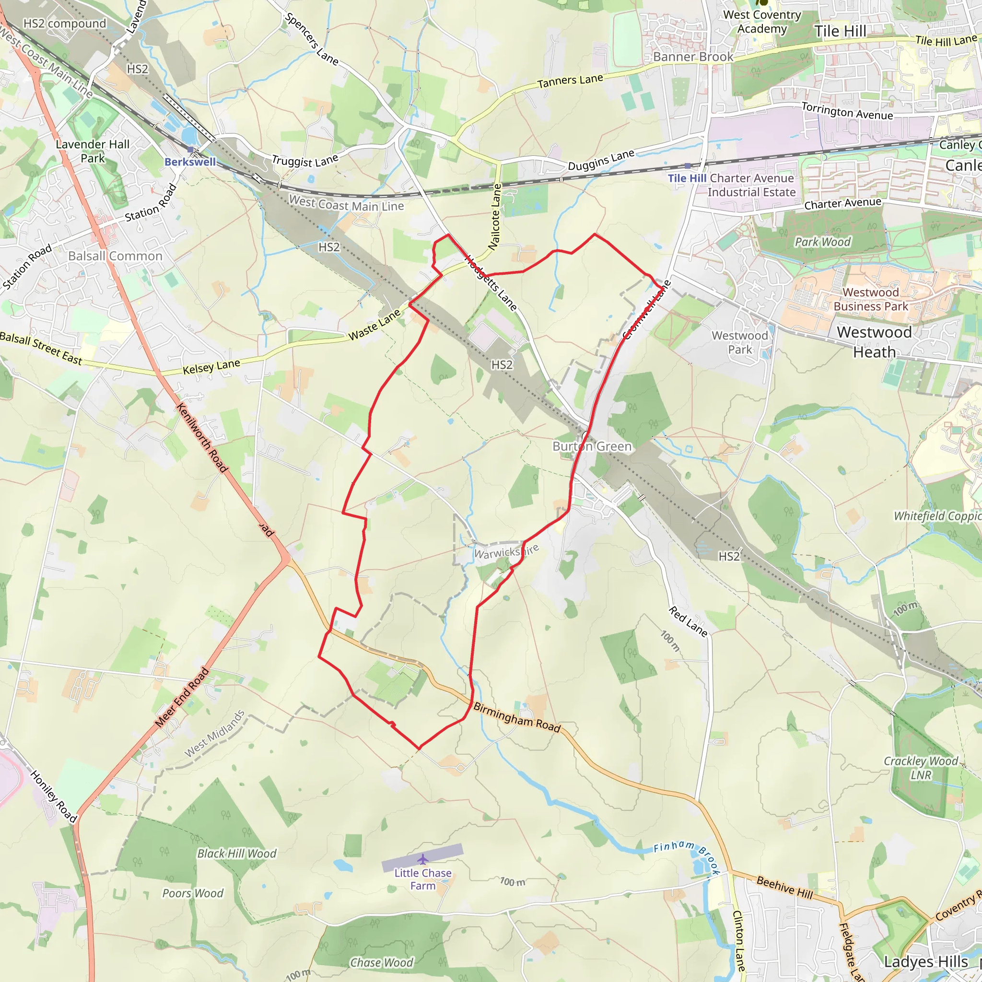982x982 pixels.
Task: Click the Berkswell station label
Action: pos(190,162)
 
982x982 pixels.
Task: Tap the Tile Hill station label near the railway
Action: pos(687,178)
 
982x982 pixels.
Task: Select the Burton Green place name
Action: pos(592,446)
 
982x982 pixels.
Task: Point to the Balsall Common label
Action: pos(116,256)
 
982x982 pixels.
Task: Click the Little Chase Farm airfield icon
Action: pos(422,859)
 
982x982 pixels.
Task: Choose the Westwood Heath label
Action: pos(874,342)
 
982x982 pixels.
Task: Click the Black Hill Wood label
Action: pos(237,853)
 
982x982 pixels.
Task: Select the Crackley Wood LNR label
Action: pos(921,768)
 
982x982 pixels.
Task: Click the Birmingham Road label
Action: pos(517,718)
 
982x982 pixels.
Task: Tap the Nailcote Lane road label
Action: pos(495,217)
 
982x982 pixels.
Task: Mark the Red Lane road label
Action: pos(688,621)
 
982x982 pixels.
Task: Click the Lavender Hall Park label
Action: pos(93,151)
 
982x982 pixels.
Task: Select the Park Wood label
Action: pos(822,242)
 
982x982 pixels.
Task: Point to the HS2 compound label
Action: pos(65,24)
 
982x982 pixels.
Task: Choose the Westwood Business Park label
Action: pos(870,299)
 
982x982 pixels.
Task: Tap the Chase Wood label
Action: pos(382,963)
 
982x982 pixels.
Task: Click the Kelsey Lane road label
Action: pos(211,367)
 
